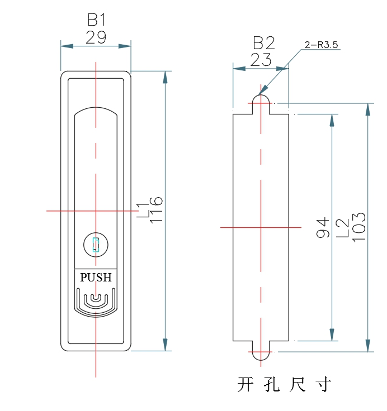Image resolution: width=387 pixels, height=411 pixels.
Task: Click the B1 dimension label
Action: (96, 20)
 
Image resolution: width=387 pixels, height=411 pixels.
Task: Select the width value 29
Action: (96, 37)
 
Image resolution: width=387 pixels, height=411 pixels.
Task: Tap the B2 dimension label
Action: (263, 43)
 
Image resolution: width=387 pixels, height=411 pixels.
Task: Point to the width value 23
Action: (261, 60)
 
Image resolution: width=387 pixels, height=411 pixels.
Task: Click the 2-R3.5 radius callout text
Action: (322, 45)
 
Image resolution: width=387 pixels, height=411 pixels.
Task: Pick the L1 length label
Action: (143, 210)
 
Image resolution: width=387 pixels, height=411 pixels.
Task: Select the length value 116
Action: (156, 210)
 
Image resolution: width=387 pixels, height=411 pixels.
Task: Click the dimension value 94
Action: (323, 227)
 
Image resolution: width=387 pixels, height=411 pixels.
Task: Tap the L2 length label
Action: (343, 228)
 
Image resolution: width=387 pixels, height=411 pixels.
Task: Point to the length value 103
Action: (358, 227)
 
